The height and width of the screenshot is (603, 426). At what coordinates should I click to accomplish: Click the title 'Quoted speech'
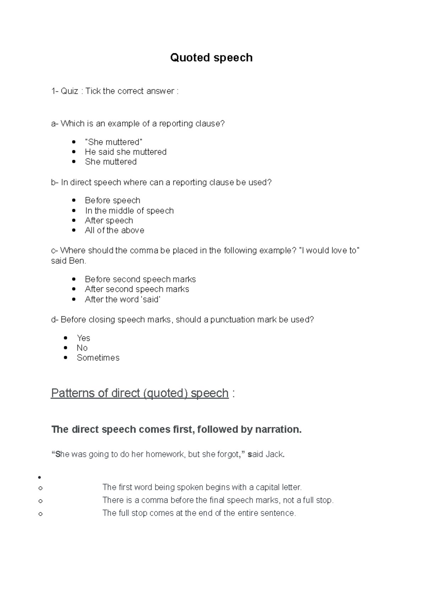coord(211,58)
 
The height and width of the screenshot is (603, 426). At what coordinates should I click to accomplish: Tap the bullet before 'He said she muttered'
coord(74,152)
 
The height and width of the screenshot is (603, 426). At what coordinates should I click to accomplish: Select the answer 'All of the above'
coord(114,230)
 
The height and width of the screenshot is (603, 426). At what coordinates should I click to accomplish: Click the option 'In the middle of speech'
coord(129,211)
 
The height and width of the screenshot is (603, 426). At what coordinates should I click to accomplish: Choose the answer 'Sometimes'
coord(98,358)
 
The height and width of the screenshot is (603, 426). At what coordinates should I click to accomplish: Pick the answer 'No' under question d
coord(82,348)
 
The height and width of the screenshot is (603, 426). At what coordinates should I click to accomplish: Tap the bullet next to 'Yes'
coord(66,338)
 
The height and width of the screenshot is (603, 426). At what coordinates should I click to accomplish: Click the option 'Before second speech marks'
coord(140,279)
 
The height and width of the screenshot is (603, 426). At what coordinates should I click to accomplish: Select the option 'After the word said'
coord(122,299)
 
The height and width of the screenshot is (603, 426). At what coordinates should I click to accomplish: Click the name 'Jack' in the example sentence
coord(275,454)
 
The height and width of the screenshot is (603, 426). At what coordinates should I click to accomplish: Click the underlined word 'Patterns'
coord(73,393)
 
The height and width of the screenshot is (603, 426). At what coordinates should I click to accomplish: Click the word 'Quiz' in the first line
coord(70,91)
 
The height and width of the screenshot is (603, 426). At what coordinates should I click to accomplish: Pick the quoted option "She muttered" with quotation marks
coord(114,142)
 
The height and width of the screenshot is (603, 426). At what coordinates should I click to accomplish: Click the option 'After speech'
coord(109,221)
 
